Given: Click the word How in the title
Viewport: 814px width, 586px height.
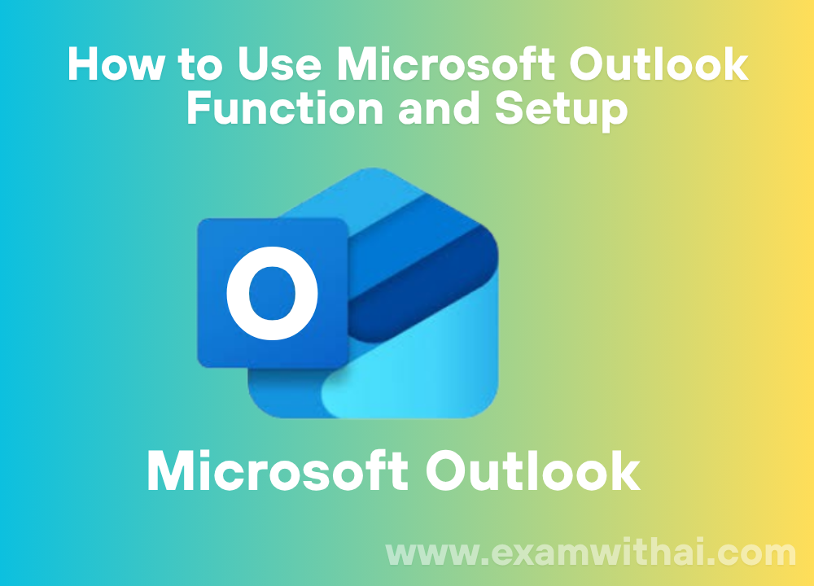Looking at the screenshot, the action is [116, 64].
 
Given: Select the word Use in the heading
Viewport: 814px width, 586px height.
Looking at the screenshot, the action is [280, 64].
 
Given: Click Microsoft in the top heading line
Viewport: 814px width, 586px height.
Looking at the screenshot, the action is [446, 64].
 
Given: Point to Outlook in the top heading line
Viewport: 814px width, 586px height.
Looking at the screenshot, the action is [659, 64].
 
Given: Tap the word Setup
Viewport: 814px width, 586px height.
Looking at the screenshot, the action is [561, 111].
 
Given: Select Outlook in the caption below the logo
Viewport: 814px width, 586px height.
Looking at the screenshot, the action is [533, 470].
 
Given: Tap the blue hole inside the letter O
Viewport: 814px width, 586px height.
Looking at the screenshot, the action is [272, 293].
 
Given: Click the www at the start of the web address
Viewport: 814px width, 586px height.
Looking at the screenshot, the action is [432, 555].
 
